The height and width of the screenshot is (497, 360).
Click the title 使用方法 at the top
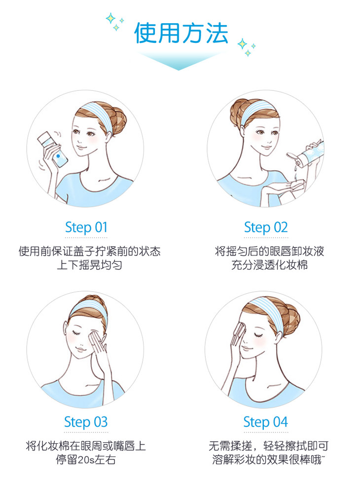(x=181, y=33)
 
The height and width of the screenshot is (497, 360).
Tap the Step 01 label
(x=86, y=228)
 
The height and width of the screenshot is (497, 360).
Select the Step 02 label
(x=265, y=228)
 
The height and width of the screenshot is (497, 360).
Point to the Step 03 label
(x=86, y=422)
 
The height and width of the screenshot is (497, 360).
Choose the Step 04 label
(x=265, y=422)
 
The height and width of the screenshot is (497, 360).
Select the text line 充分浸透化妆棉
(x=269, y=265)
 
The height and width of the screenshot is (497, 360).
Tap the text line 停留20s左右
(x=86, y=461)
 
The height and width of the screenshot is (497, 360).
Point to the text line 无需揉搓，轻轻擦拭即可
(x=268, y=447)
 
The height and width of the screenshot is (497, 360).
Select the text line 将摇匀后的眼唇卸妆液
(x=269, y=251)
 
